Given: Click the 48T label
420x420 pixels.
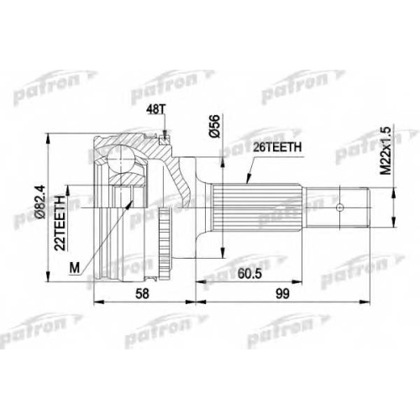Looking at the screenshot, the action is [156, 110].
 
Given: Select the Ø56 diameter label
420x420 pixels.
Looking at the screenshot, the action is [215, 126].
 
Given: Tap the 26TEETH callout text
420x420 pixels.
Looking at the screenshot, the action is [277, 147].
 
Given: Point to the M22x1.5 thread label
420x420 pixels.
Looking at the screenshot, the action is [386, 150].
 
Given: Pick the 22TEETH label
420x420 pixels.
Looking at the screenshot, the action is [60, 223].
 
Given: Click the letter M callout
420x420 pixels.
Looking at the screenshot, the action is [75, 268].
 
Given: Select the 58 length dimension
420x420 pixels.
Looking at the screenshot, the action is [143, 294].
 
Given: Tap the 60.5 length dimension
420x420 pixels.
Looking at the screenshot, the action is [249, 274].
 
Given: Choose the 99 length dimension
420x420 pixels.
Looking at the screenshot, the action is [282, 294].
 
